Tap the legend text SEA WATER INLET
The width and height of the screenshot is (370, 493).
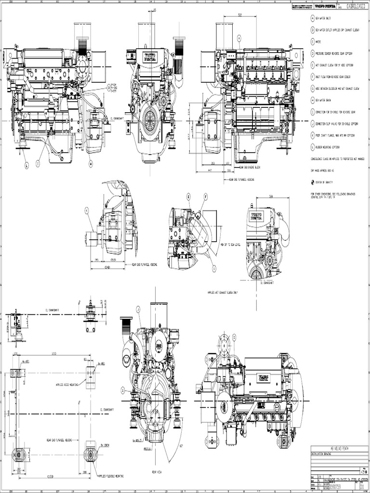(x=326, y=19)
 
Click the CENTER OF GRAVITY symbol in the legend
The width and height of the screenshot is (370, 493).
(x=312, y=182)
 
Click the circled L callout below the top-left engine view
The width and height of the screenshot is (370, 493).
(x=27, y=165)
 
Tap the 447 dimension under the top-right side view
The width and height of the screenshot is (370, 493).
(x=210, y=170)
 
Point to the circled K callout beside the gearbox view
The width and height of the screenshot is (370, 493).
(x=87, y=209)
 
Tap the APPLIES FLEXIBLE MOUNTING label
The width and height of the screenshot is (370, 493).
(x=116, y=476)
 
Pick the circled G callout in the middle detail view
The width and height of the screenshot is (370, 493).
(x=214, y=268)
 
